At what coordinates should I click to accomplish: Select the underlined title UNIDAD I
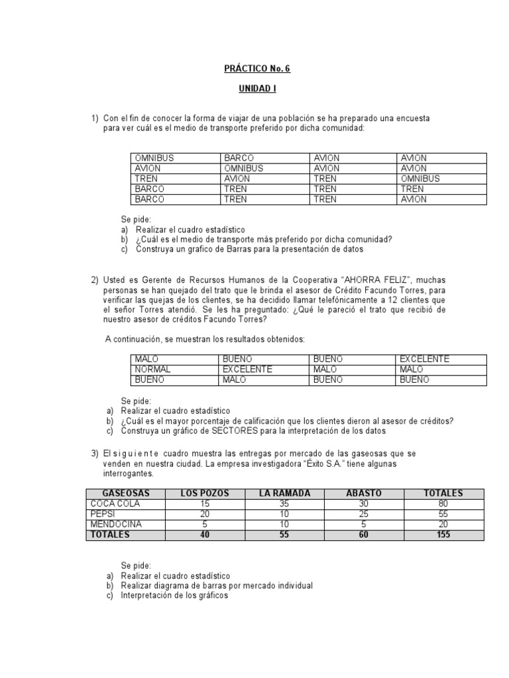pos(255,88)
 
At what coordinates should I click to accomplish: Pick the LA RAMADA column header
pos(286,493)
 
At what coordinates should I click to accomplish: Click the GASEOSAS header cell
pos(123,493)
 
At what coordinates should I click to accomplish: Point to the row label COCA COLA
pos(115,504)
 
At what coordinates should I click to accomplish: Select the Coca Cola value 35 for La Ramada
pos(286,504)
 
